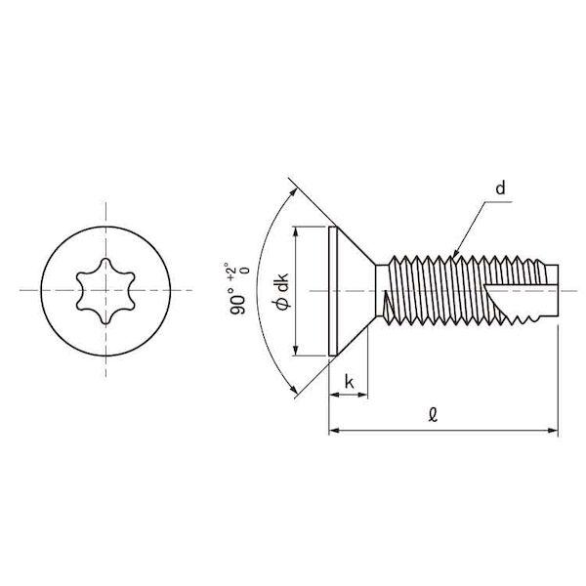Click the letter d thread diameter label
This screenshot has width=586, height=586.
[500, 188]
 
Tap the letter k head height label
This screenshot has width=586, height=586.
[349, 382]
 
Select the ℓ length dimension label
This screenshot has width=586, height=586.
[433, 415]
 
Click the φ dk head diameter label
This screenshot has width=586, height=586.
[282, 292]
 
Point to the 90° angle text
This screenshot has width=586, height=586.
[238, 301]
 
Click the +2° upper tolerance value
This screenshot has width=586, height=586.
[231, 271]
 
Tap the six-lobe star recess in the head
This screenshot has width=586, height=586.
[105, 291]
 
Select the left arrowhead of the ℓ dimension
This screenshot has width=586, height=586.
[334, 431]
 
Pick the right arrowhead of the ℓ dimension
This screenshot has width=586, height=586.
[553, 431]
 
